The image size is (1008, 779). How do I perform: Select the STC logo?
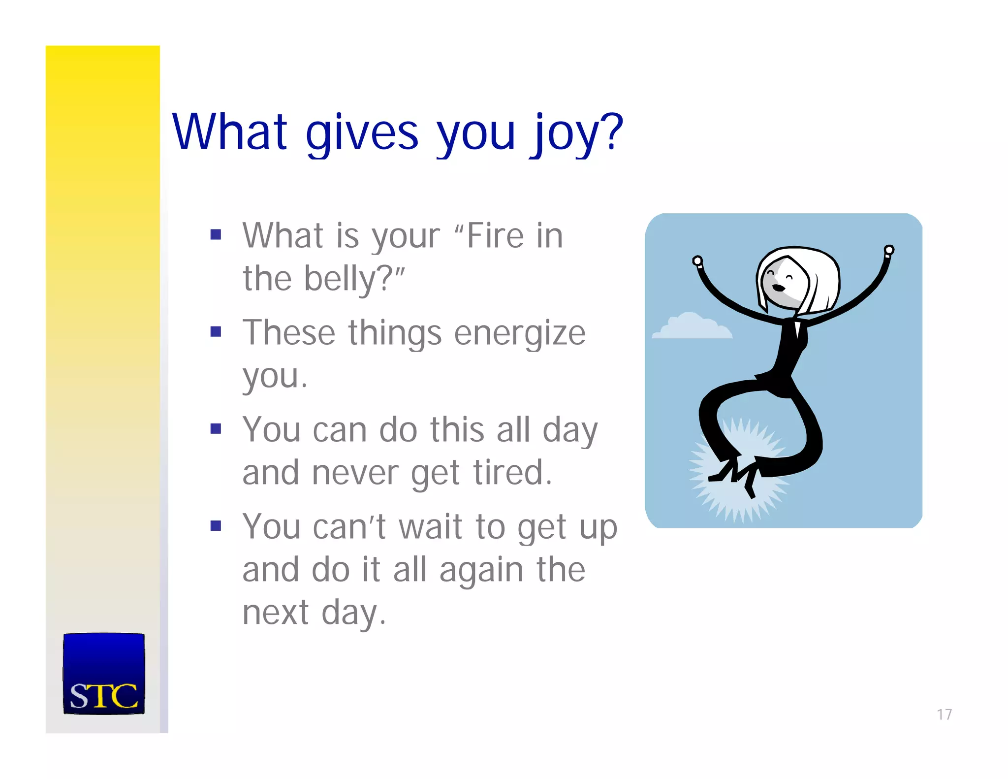104,674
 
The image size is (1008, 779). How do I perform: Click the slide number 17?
944,714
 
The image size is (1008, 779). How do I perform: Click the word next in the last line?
276,613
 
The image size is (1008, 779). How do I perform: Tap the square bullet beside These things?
216,331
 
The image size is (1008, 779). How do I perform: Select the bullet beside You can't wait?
216,526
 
